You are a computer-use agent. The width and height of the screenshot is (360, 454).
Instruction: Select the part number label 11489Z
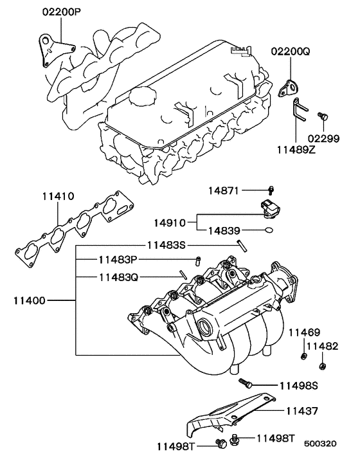click(x=296, y=149)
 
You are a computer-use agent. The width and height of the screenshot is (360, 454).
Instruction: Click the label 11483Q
click(x=120, y=277)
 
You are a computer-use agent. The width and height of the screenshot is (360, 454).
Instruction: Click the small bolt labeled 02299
click(x=323, y=116)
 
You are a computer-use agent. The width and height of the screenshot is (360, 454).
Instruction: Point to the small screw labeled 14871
click(x=271, y=190)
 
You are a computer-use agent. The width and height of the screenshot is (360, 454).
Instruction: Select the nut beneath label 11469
click(x=302, y=356)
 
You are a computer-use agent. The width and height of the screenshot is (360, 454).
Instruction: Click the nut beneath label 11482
click(x=321, y=367)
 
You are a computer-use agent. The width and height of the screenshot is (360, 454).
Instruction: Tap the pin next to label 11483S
click(x=241, y=244)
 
